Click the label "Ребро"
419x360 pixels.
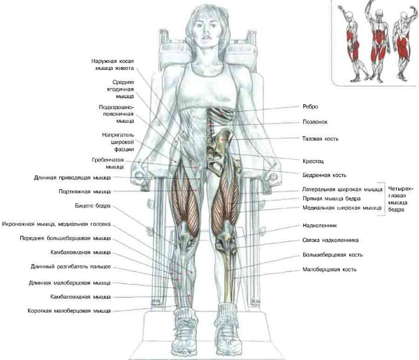[310, 107]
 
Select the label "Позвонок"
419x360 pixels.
[315, 122]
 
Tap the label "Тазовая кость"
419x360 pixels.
[320, 139]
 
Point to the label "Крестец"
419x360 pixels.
[313, 161]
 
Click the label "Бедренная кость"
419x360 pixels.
[324, 175]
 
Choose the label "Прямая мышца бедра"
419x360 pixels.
[332, 199]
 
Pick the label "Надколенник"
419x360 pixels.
[319, 225]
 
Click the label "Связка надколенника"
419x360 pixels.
[331, 240]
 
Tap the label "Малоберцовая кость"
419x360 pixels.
[329, 269]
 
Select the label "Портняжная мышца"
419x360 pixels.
[85, 192]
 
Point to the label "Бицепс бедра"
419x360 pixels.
[93, 206]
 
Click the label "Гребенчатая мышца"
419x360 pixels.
[108, 164]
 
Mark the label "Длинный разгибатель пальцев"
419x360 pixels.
[70, 267]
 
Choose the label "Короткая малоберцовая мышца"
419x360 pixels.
[69, 311]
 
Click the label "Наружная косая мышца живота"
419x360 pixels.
[112, 65]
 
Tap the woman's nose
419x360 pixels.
[205, 31]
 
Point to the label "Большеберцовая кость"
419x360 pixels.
[332, 255]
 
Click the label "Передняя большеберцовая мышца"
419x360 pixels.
[65, 238]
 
